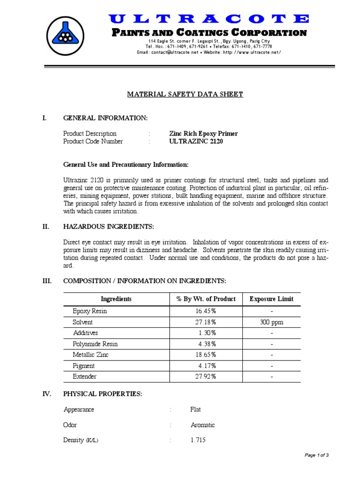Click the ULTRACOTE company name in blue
pos(209,19)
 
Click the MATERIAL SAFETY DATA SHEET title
pos(185,94)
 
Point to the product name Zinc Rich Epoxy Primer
pos(203,134)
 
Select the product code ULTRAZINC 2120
pos(196,142)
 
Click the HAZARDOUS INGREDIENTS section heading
pos(108,226)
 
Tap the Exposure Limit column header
pos(271,299)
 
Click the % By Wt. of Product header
pos(206,299)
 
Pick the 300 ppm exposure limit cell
pos(271,322)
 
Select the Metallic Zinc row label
pos(90,355)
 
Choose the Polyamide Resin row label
pos(95,344)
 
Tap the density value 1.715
pos(198,440)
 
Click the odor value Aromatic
pos(202,425)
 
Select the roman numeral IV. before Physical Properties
pos(47,394)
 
